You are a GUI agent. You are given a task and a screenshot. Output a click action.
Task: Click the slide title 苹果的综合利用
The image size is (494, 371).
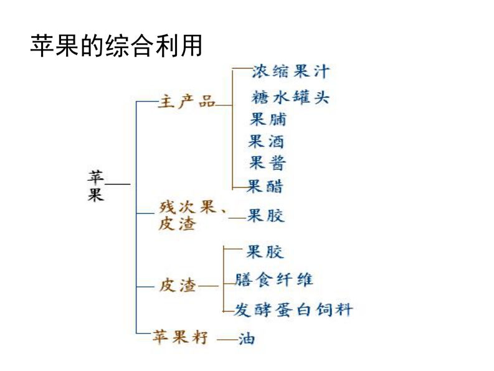pyautogui.click(x=116, y=46)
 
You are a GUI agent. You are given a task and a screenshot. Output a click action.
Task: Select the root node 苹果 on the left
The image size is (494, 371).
pyautogui.click(x=95, y=185)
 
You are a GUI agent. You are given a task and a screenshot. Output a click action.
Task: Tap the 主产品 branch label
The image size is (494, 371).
pyautogui.click(x=186, y=102)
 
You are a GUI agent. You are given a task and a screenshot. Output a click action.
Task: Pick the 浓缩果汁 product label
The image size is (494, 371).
pyautogui.click(x=290, y=72)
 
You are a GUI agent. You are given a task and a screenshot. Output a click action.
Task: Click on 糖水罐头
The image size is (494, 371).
pyautogui.click(x=290, y=97)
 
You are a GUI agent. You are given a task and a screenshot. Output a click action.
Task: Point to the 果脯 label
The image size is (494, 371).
pyautogui.click(x=268, y=119)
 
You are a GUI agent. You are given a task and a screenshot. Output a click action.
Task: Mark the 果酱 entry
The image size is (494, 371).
pyautogui.click(x=268, y=163)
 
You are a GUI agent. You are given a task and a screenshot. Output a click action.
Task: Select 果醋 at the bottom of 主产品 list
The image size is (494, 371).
pyautogui.click(x=266, y=186)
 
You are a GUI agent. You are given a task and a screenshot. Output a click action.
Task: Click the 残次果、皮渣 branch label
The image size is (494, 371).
pyautogui.click(x=189, y=216)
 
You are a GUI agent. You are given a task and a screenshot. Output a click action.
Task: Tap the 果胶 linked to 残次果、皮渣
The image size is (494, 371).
pyautogui.click(x=266, y=216)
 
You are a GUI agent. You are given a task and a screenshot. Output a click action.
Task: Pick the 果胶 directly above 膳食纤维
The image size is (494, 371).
pyautogui.click(x=265, y=252)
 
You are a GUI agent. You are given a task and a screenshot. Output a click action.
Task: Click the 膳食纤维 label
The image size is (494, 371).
pyautogui.click(x=274, y=279)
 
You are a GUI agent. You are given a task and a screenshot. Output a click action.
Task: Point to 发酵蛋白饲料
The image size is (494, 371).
pyautogui.click(x=293, y=309)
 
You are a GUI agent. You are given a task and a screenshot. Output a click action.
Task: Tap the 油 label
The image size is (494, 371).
pyautogui.click(x=246, y=340)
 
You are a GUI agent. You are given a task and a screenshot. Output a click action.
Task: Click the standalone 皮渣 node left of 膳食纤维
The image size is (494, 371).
pyautogui.click(x=178, y=286)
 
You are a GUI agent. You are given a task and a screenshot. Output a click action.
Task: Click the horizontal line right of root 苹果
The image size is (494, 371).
pyautogui.click(x=118, y=185)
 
